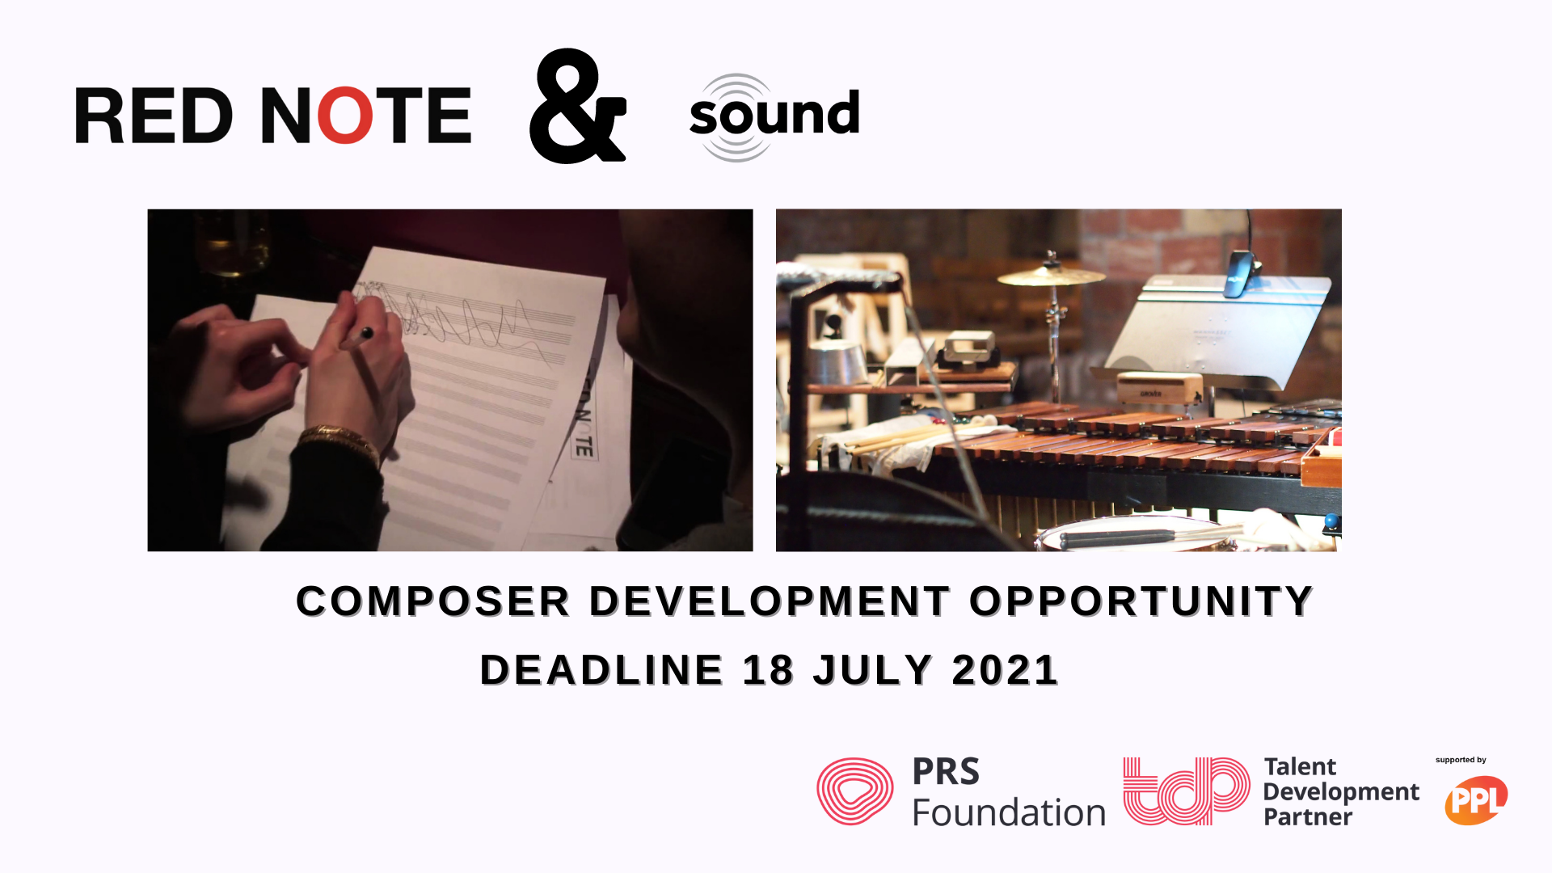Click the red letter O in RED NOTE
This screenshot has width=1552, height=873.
click(x=345, y=116)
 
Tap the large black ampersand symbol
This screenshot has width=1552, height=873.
click(x=577, y=106)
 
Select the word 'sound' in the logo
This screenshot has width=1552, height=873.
click(x=774, y=114)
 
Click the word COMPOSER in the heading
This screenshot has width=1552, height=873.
click(x=433, y=601)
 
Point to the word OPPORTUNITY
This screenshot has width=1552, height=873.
click(x=1141, y=601)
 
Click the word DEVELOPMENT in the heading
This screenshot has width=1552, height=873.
click(x=770, y=601)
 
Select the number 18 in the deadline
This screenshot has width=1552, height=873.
click(x=768, y=670)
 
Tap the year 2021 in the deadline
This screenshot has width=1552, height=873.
click(x=1005, y=670)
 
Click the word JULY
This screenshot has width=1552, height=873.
click(x=873, y=670)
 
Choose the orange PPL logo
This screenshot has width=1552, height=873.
click(x=1476, y=800)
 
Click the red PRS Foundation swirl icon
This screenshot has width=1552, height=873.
click(x=854, y=791)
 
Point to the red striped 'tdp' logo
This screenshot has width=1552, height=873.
click(x=1187, y=791)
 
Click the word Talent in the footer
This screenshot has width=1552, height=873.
click(x=1300, y=766)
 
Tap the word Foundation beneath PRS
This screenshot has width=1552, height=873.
click(x=1009, y=812)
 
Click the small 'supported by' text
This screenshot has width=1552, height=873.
click(x=1461, y=760)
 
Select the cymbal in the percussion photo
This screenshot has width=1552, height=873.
click(x=1051, y=276)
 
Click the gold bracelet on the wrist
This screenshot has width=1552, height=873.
click(x=339, y=441)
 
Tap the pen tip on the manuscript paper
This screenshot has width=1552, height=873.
click(x=367, y=332)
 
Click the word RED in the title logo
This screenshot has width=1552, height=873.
click(x=154, y=116)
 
